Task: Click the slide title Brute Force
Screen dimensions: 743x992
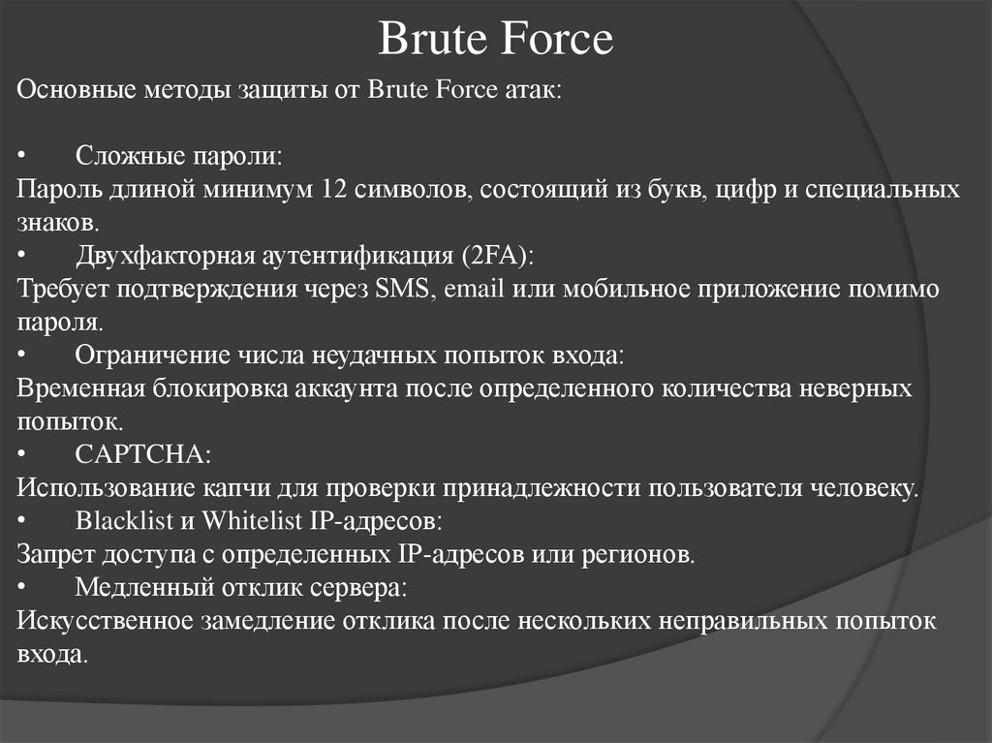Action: (495, 40)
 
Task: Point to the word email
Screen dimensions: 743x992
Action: (474, 290)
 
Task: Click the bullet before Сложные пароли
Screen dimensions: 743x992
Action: (22, 156)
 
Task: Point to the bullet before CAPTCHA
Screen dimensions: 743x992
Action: (22, 454)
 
